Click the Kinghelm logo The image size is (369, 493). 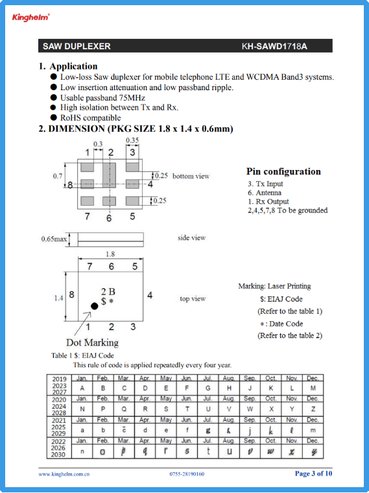(x=30, y=18)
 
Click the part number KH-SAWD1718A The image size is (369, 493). (x=274, y=46)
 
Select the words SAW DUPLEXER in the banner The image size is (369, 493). (x=77, y=46)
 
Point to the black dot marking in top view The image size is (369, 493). (x=94, y=306)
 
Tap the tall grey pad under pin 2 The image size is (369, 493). (x=109, y=175)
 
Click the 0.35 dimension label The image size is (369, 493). (x=132, y=140)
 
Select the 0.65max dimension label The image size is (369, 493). (x=54, y=239)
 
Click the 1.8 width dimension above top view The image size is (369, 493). (x=110, y=254)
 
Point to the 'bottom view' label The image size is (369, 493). (x=191, y=176)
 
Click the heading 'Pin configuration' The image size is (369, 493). (x=283, y=171)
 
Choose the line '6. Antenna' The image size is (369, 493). (x=265, y=193)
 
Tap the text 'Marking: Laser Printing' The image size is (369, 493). (x=274, y=286)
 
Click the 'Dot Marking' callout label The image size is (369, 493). (x=92, y=343)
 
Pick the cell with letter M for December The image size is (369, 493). (x=313, y=389)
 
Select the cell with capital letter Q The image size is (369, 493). (x=124, y=409)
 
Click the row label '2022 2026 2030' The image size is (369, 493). (x=58, y=448)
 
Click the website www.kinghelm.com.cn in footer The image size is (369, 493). (x=64, y=474)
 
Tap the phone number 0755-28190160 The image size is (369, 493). (x=187, y=474)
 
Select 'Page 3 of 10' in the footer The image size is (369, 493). (x=313, y=474)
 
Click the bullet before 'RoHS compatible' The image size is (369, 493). (x=54, y=117)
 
